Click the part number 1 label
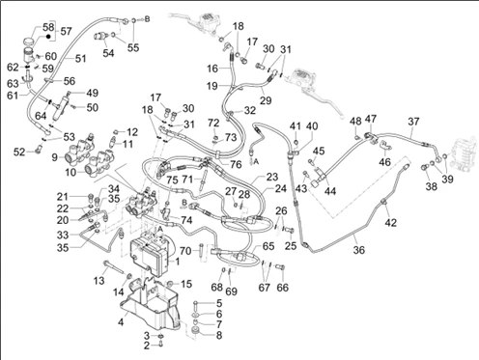pyautogui.click(x=177, y=262)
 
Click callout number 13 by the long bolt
pyautogui.click(x=99, y=280)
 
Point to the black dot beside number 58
pyautogui.click(x=48, y=36)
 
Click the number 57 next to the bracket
pyautogui.click(x=66, y=31)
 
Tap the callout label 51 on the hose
pyautogui.click(x=80, y=59)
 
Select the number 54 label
pyautogui.click(x=108, y=53)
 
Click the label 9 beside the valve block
pyautogui.click(x=54, y=157)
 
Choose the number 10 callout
pyautogui.click(x=70, y=172)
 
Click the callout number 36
pyautogui.click(x=358, y=250)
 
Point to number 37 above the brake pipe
pyautogui.click(x=413, y=122)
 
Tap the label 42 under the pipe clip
pyautogui.click(x=391, y=222)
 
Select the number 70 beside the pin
pyautogui.click(x=185, y=251)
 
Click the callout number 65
pyautogui.click(x=268, y=246)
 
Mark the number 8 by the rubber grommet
pyautogui.click(x=219, y=336)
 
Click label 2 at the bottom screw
pyautogui.click(x=147, y=346)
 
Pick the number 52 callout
pyautogui.click(x=19, y=152)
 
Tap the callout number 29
pyautogui.click(x=266, y=100)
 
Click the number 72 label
pyautogui.click(x=213, y=123)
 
